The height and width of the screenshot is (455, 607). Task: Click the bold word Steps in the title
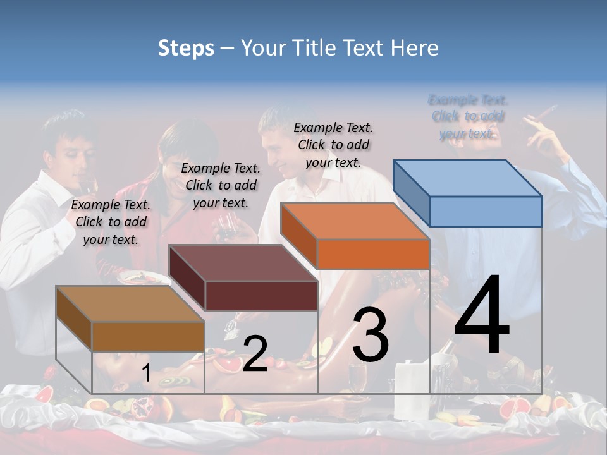pos(186,48)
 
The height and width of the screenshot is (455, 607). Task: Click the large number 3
pos(371,334)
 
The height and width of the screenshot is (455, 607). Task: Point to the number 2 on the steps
pos(255,354)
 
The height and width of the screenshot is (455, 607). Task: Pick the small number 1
pos(146,373)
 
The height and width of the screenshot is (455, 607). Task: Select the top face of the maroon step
pos(243,263)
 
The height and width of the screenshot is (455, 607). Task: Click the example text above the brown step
pos(111,222)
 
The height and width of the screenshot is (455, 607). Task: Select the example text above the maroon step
pos(221,185)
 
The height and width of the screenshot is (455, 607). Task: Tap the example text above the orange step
pos(333,145)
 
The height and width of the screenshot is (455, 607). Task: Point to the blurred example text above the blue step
pos(468,116)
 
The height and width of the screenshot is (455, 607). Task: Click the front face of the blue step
pos(486,211)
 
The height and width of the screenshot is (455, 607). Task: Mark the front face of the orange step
pos(373,254)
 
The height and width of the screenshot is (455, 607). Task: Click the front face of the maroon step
pos(261,296)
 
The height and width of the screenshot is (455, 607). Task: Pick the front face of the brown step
pos(149,336)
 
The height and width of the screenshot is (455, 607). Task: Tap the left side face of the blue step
pos(411,193)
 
